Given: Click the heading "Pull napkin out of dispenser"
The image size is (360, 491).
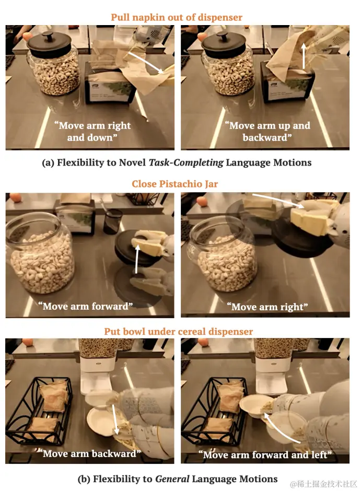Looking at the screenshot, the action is pos(177,17).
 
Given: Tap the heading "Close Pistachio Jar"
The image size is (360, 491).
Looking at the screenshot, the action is pos(175,184).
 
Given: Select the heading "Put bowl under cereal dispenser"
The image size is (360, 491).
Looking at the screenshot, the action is pos(178,331).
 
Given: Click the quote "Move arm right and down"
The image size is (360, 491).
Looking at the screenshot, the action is pos(92,132).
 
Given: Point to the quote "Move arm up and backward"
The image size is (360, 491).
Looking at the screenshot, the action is pos(268,132).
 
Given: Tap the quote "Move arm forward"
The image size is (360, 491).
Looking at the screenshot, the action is pos(85,306).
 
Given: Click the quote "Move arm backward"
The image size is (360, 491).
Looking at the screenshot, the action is pos(89,453).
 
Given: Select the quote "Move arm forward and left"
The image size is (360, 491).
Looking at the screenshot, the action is pos(265,454).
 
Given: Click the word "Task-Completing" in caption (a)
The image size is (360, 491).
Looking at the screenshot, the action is pos(186,162).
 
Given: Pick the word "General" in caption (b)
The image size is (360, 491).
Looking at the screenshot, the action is pos(172,479).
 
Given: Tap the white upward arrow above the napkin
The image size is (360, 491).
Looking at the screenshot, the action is pos(303,56).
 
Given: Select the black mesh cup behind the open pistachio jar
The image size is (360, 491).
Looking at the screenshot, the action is pos(113,221).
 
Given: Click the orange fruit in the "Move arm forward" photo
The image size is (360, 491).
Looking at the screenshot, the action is pos(15,197).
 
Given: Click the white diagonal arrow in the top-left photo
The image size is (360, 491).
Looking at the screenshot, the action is pos(146,63).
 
